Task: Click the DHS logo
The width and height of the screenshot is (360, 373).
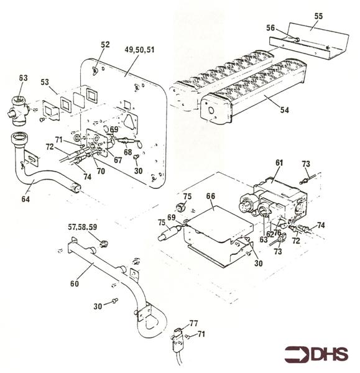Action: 316,354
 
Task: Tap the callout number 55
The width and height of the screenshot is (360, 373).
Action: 318,16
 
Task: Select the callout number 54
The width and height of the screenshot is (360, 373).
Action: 284,110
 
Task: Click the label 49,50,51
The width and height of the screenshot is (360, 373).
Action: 139,50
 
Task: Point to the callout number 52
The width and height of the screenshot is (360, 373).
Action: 105,45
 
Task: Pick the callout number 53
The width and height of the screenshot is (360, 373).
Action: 45,82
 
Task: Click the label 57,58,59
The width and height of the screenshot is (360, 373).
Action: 83,227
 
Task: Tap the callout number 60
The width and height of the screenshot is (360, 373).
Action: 74,283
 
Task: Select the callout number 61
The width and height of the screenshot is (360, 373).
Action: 279,163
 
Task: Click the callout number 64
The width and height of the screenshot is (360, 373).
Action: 25,199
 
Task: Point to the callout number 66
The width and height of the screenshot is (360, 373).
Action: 211,196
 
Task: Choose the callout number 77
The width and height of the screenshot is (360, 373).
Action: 194,323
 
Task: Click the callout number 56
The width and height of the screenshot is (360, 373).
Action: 270,28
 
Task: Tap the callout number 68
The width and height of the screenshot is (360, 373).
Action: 128,152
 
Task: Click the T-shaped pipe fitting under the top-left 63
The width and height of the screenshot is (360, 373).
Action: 19,111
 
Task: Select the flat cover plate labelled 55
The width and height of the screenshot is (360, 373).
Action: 309,41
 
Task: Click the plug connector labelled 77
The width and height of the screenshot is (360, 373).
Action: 178,338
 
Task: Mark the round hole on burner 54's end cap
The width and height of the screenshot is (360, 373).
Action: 211,111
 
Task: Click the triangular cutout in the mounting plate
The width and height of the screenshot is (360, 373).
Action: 130,121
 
